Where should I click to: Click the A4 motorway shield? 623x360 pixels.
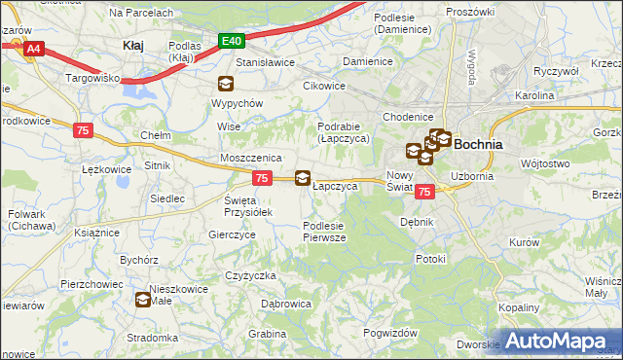[x=32, y=48]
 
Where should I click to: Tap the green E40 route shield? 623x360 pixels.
[x=231, y=41]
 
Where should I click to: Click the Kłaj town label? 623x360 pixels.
[x=133, y=45]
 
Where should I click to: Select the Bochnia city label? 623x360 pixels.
[x=478, y=143]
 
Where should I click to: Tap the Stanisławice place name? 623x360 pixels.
[x=266, y=61]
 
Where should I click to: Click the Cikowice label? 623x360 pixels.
[x=323, y=85]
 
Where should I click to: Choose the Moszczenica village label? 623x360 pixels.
[x=250, y=157]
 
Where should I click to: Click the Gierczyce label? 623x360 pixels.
[x=232, y=234]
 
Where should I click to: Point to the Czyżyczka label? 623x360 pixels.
[x=250, y=275]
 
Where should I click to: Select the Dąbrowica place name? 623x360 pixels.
[x=286, y=304]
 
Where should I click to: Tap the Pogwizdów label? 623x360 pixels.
[x=389, y=332]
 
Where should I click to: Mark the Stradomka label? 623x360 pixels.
[x=151, y=338]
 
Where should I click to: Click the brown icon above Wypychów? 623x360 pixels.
[x=226, y=84]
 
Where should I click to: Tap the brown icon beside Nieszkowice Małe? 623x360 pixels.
[x=143, y=301]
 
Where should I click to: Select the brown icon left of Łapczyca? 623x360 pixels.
[x=303, y=178]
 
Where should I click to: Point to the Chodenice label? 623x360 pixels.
[x=407, y=117]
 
